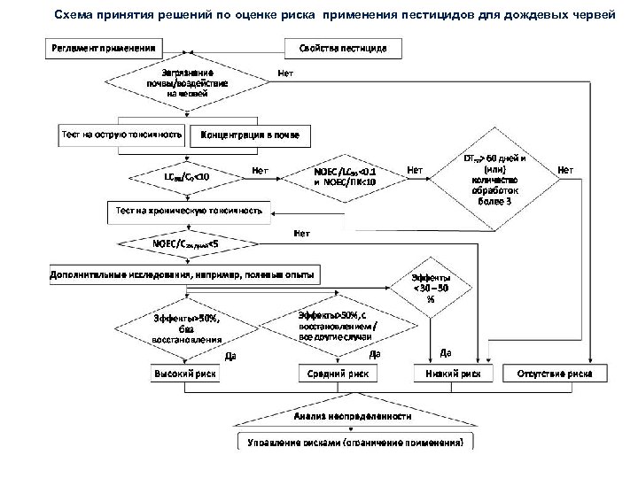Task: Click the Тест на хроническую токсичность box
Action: pos(189,211)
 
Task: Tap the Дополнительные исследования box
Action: pos(183,275)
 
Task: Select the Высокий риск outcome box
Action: pos(186,374)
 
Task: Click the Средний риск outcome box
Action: pos(327,374)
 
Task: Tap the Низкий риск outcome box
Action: pos(453,374)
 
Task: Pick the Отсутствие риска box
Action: pos(556,374)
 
